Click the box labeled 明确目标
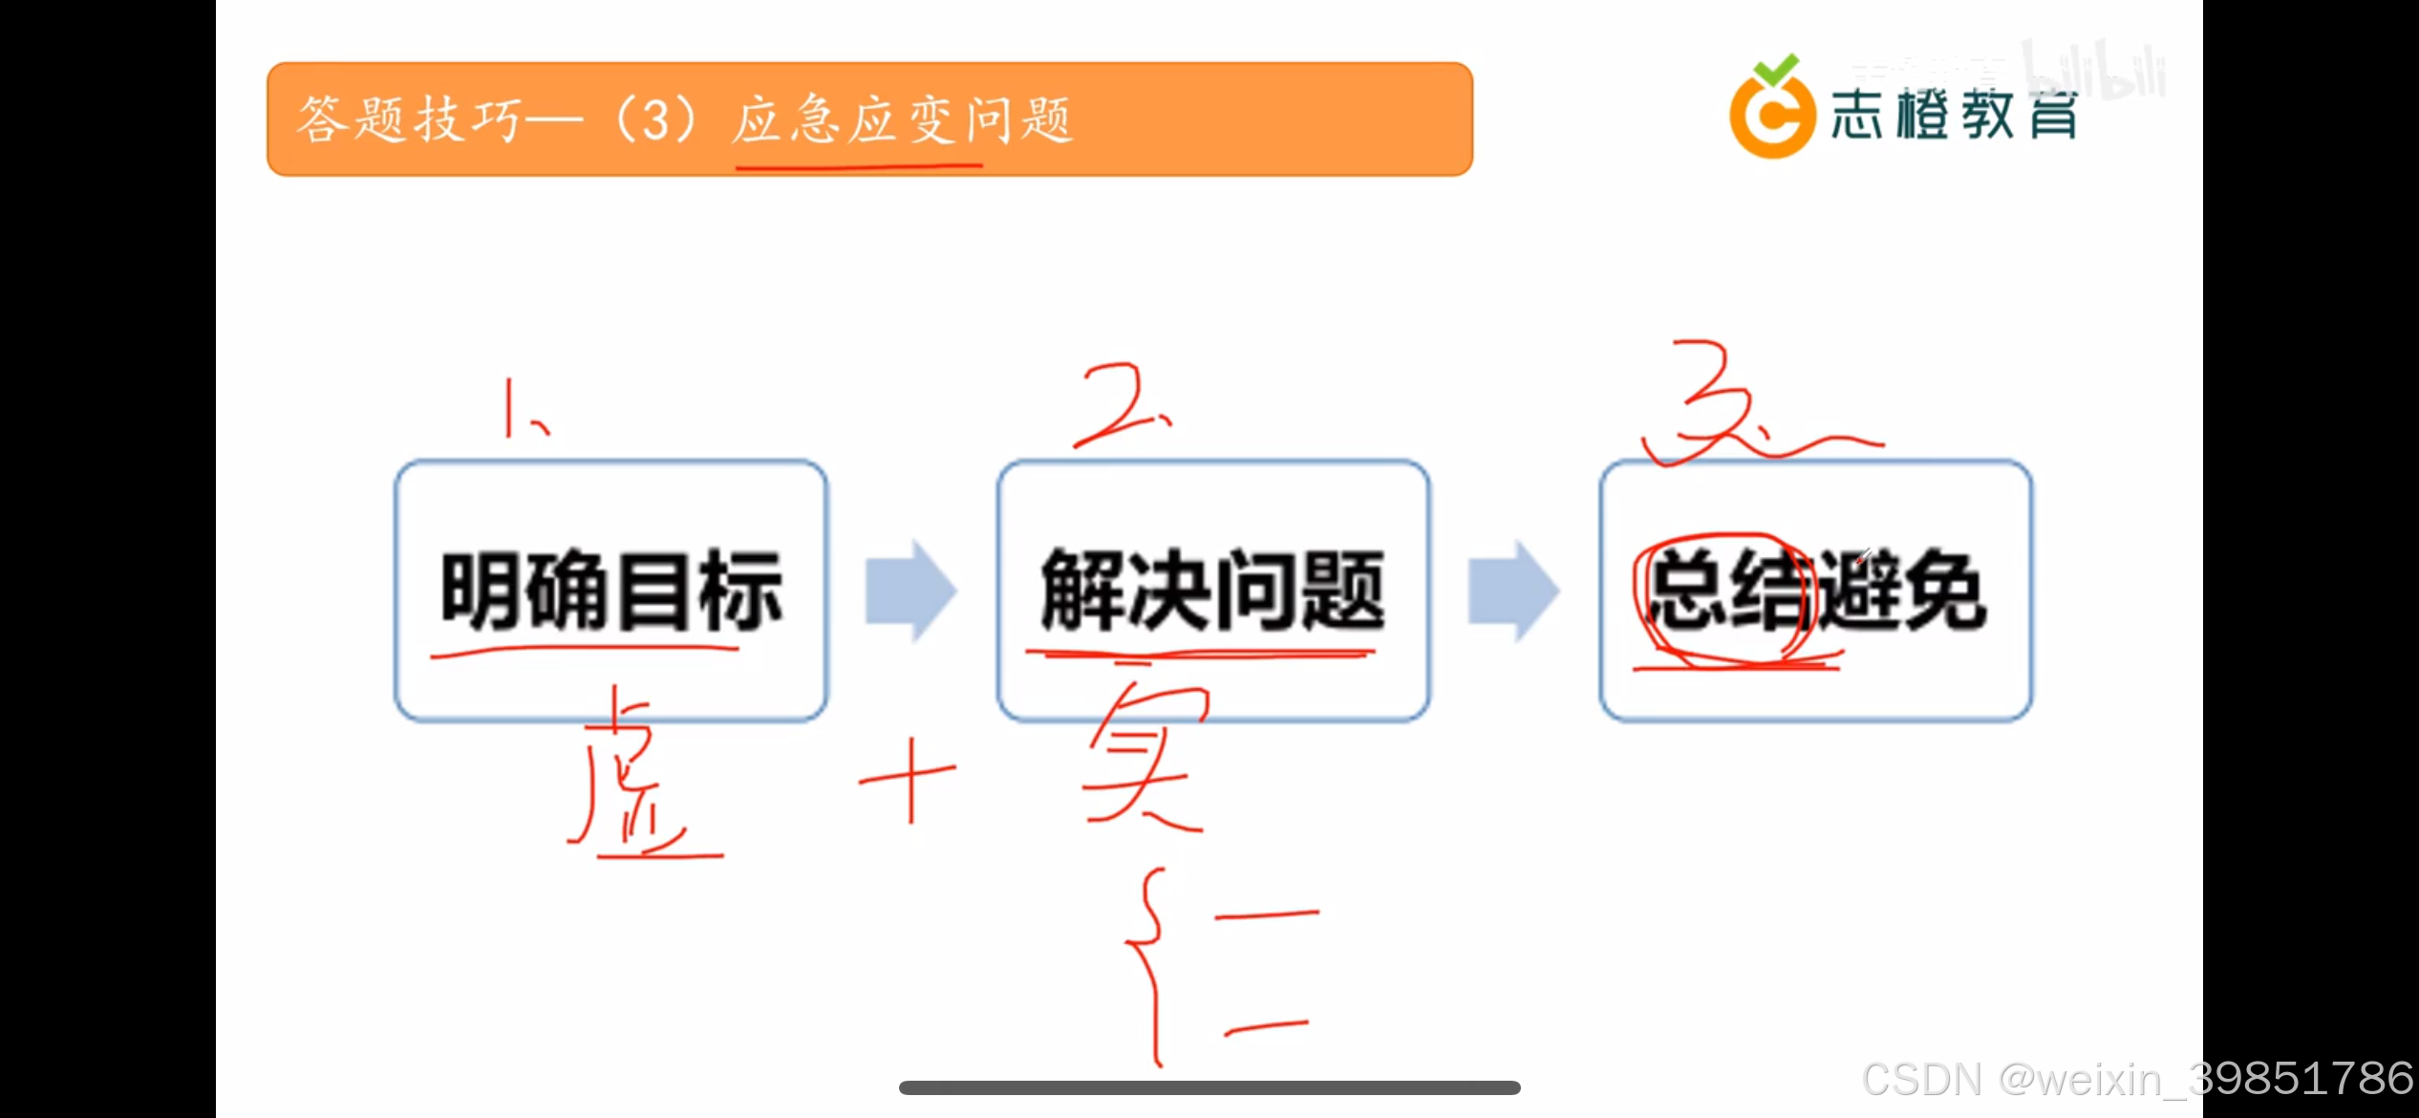point(611,590)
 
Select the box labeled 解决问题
point(1213,590)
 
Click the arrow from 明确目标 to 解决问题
point(910,591)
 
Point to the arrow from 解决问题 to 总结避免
point(1513,591)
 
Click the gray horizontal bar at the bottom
point(1209,1087)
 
